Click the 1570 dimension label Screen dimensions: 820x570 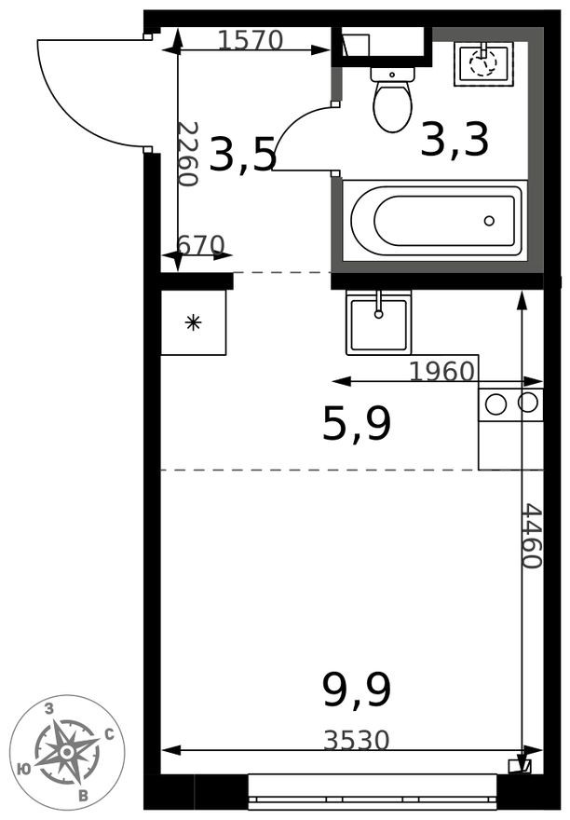(x=251, y=39)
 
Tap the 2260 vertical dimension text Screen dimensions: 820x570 (x=188, y=154)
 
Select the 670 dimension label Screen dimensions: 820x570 (x=200, y=245)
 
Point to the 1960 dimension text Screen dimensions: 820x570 (x=442, y=371)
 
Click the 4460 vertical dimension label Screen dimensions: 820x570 (x=531, y=537)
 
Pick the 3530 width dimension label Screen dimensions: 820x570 (x=357, y=741)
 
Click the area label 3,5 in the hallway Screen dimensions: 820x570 (x=242, y=155)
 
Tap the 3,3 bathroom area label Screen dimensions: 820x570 (x=455, y=140)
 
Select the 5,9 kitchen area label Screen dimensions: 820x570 (x=357, y=425)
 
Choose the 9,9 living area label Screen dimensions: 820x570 (x=357, y=690)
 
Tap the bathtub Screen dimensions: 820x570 (x=433, y=220)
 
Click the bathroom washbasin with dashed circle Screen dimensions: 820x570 (x=483, y=63)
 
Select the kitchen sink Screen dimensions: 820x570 (x=378, y=321)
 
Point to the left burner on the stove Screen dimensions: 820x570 (x=496, y=403)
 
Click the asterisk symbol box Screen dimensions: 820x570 (x=194, y=322)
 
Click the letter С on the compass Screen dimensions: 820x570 (x=110, y=734)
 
